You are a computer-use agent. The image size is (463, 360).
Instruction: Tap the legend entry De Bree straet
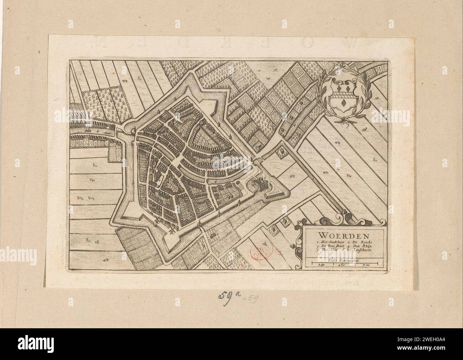(x=323, y=246)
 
